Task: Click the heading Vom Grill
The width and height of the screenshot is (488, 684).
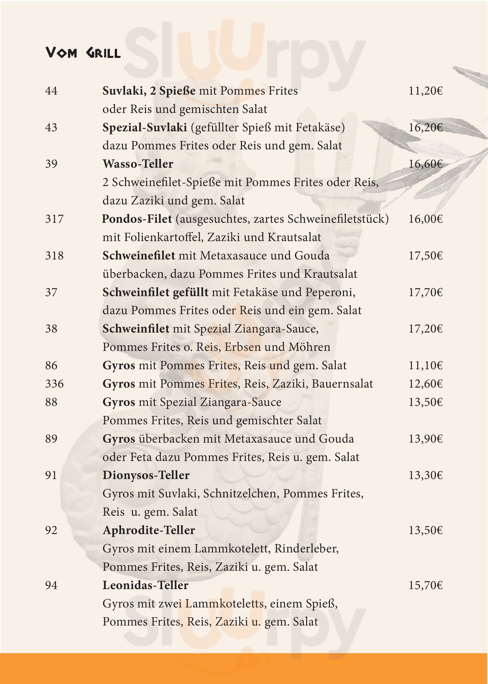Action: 83,53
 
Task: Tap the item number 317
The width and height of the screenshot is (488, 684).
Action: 55,219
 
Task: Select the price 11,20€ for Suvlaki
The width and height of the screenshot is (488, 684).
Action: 425,91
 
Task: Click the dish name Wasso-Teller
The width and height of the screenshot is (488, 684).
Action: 138,164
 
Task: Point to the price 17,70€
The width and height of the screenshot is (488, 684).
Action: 425,292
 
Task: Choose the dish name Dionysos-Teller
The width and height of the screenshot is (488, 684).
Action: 146,475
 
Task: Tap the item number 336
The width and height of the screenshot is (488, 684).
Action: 55,384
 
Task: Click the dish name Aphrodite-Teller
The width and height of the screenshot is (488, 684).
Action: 149,530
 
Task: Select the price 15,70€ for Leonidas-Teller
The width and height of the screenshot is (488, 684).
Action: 425,585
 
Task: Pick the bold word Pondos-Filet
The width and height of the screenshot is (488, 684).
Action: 137,219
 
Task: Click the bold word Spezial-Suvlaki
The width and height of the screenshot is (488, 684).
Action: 145,127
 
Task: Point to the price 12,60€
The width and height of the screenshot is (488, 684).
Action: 425,384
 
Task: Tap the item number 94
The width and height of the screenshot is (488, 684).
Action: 51,585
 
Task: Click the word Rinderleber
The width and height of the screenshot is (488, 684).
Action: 306,549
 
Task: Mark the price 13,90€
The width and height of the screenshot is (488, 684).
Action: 425,439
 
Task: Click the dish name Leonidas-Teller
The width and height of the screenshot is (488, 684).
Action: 145,585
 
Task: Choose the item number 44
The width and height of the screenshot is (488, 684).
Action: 51,91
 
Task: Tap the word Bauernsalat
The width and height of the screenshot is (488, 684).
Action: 342,384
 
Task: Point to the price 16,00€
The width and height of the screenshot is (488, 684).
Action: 425,219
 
